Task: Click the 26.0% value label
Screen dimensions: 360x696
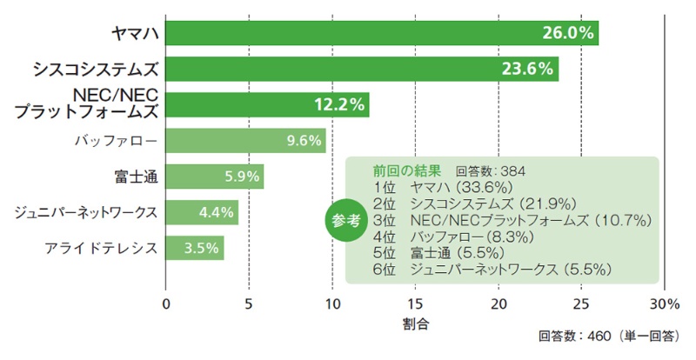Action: pos(567,33)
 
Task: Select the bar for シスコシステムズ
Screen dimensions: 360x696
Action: pos(362,69)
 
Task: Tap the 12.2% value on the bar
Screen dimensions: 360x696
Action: pos(338,104)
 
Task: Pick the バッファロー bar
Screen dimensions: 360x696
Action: pos(245,140)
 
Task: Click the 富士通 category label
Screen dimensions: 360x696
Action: pos(135,176)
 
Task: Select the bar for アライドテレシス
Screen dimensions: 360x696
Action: pos(194,248)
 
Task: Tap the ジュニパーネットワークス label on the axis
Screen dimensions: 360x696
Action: pos(87,211)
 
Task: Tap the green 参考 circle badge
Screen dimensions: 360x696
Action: pos(346,221)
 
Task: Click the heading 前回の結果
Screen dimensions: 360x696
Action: pos(407,170)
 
